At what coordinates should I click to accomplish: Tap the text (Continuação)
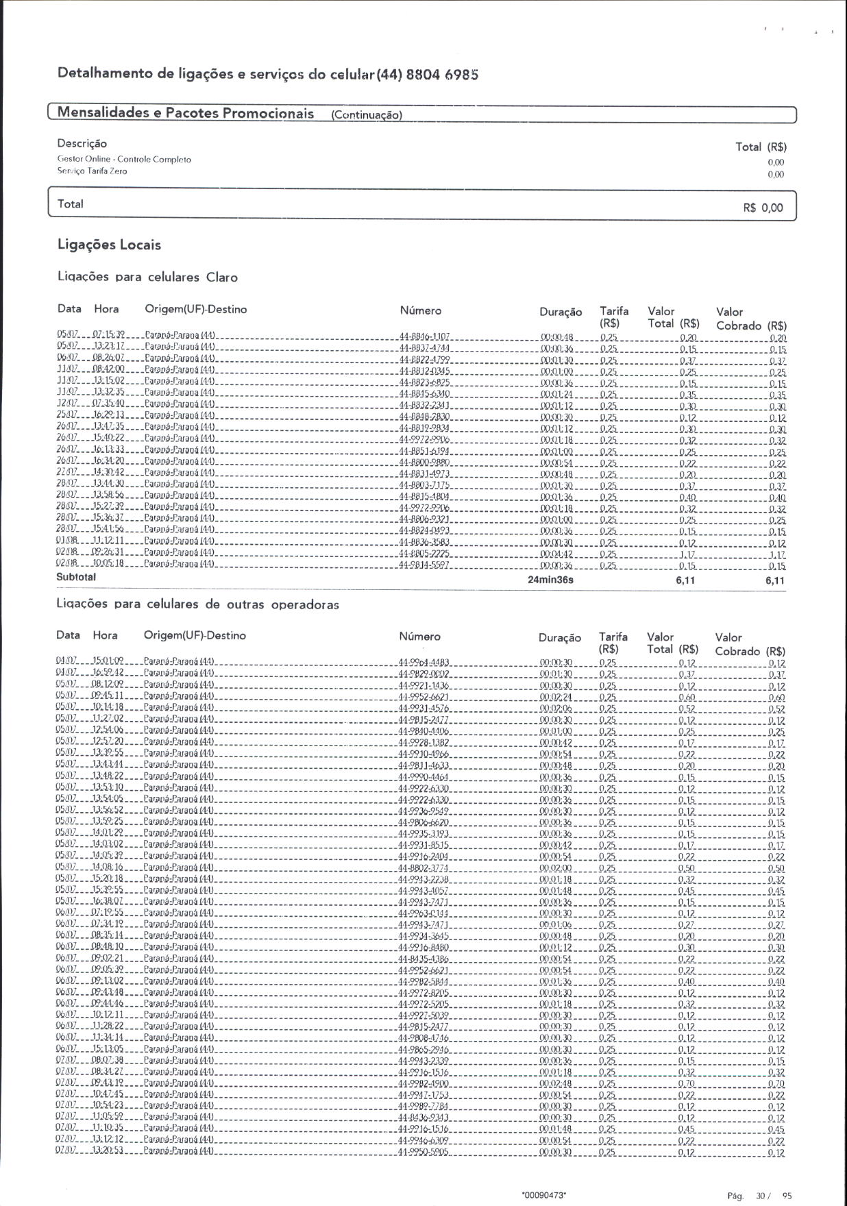tap(366, 115)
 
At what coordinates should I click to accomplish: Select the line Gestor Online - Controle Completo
tap(124, 160)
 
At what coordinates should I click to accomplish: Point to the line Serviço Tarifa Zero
tap(92, 171)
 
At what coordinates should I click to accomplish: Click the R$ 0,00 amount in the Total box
tap(762, 208)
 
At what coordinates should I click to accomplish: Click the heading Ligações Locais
tap(109, 245)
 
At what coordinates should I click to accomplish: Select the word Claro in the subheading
tap(221, 278)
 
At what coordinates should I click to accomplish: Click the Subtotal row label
tap(76, 577)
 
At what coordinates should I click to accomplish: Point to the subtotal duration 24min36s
tap(550, 580)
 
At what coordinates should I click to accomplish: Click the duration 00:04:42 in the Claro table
tap(556, 554)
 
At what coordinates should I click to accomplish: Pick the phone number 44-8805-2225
tap(423, 554)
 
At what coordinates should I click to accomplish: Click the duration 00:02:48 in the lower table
tap(556, 1084)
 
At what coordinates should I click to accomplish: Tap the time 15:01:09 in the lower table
tap(108, 661)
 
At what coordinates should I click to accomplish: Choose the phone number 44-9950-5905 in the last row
tap(423, 1153)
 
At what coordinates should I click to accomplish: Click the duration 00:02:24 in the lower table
tap(556, 696)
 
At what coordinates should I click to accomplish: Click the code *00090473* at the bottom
tap(543, 1195)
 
